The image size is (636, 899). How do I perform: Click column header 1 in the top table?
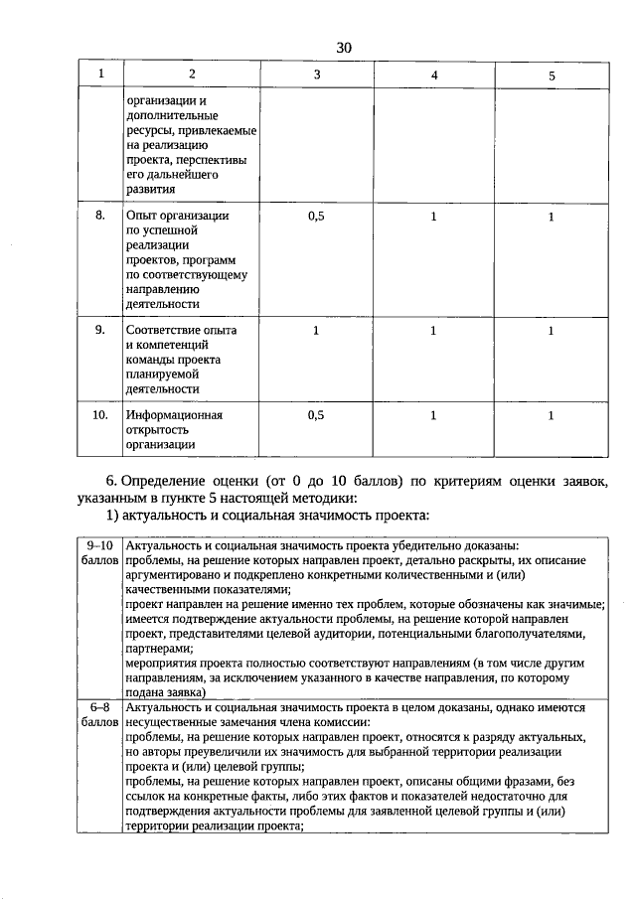click(99, 75)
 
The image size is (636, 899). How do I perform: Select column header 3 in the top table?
click(317, 75)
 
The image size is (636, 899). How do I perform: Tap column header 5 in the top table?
click(552, 76)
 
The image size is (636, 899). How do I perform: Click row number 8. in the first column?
click(100, 216)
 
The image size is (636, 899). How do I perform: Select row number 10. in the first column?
click(99, 415)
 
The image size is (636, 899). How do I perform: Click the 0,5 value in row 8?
click(317, 217)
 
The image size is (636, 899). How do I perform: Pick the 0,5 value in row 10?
click(317, 416)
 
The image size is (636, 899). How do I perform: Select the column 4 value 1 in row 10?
click(433, 416)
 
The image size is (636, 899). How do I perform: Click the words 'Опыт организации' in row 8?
click(178, 216)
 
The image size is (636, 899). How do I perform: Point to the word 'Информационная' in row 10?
click(174, 415)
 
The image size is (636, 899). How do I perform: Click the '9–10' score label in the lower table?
click(100, 546)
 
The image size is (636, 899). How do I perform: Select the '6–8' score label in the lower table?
click(100, 707)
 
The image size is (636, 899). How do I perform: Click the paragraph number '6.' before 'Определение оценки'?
click(112, 482)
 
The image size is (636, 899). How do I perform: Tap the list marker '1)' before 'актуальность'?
click(113, 515)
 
